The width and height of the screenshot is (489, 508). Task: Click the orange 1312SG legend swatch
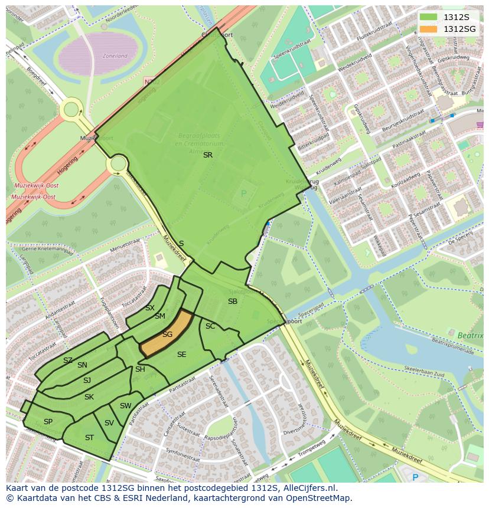(429, 29)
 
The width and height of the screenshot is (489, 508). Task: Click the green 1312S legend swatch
(429, 17)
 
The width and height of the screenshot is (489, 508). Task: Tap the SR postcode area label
(207, 155)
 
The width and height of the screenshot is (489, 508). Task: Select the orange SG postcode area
(168, 335)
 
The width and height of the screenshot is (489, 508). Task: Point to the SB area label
(233, 301)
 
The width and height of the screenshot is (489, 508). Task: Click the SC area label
(210, 326)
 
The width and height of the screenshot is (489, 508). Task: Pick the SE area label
(182, 355)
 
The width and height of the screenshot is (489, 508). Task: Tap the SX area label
(150, 308)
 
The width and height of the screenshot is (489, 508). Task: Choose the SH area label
(140, 369)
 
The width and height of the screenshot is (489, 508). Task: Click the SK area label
(89, 397)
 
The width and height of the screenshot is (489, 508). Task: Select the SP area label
(48, 422)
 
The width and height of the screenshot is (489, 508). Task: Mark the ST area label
(89, 438)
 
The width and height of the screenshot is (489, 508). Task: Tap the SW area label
(125, 406)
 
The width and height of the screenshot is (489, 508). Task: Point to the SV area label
(109, 423)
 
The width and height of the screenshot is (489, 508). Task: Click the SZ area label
(68, 360)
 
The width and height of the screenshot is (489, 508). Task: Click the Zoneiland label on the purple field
(115, 56)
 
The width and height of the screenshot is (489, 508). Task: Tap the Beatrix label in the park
(470, 336)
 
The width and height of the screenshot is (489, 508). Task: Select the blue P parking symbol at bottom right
(415, 477)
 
